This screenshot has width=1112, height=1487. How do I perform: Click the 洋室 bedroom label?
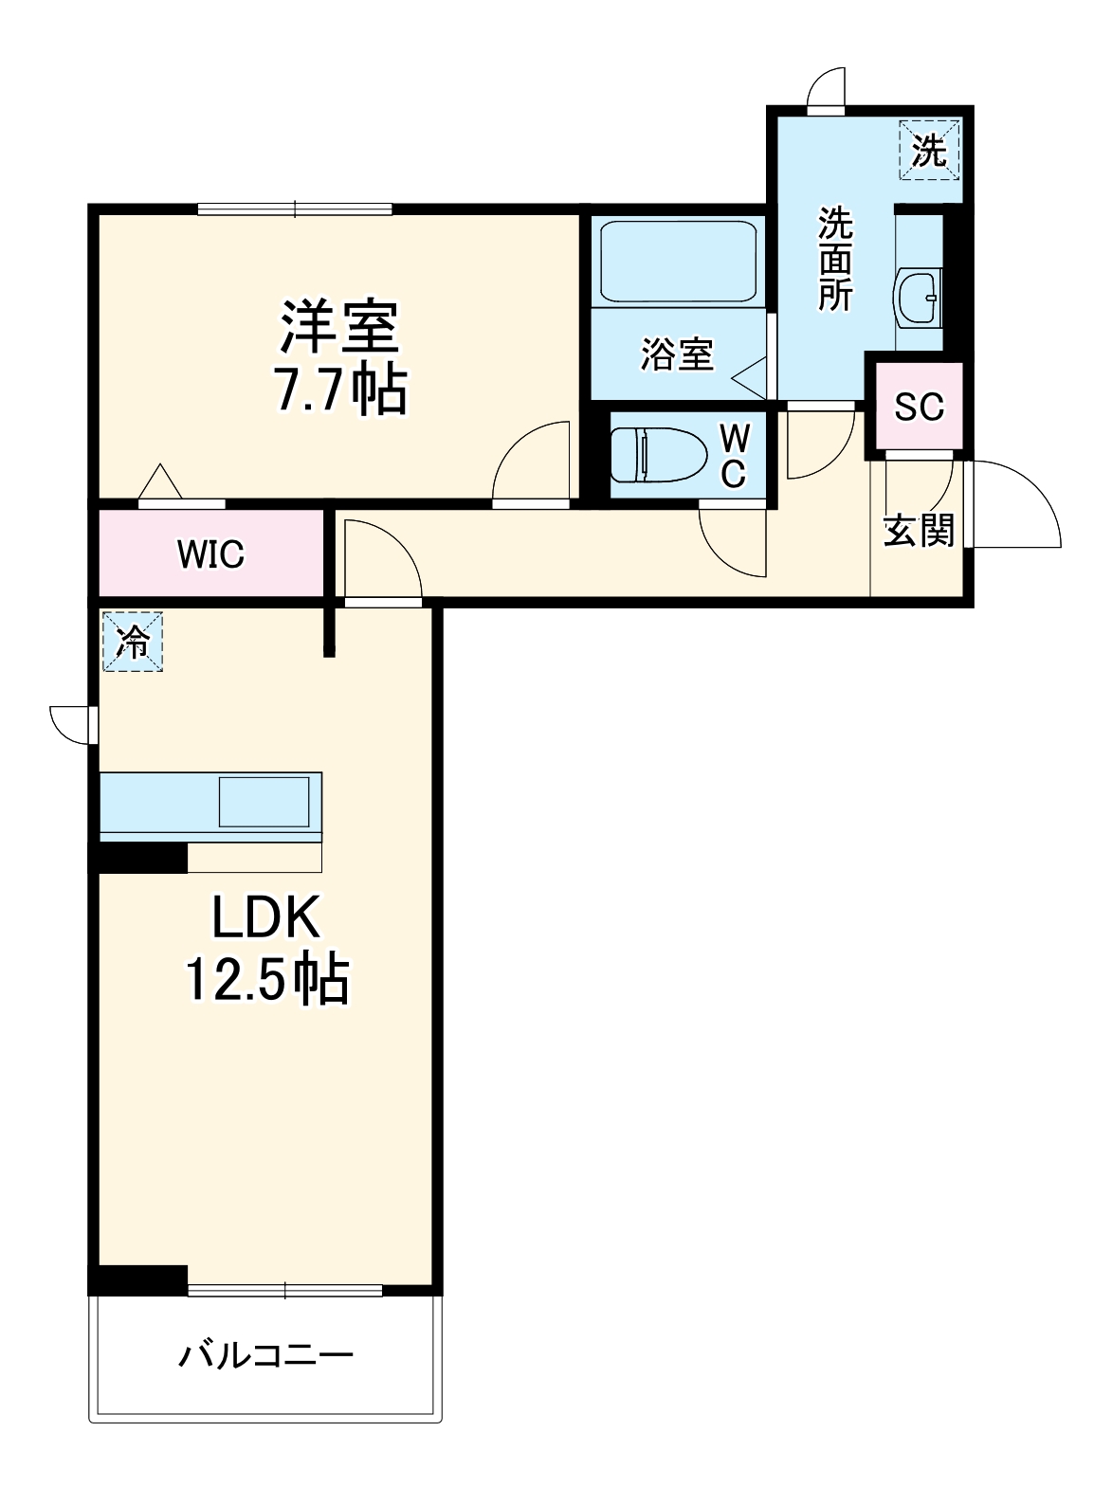coord(338,327)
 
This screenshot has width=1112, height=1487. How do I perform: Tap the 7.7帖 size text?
coord(340,390)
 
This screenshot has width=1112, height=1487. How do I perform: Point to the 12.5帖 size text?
coord(267,980)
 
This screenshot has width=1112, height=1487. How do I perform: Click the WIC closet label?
coord(210,554)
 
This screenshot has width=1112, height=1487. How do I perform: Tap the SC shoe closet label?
coord(919,407)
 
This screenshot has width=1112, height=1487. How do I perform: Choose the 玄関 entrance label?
coord(918,531)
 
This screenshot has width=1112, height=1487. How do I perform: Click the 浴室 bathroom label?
coord(677,355)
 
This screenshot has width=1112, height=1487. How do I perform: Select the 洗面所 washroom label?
coord(835,259)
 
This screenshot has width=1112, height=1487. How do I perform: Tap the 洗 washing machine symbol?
coord(929,149)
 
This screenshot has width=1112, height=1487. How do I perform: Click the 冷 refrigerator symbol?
coord(133,643)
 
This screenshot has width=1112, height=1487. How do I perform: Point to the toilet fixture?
coord(658,455)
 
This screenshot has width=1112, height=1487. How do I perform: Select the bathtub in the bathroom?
coord(679,261)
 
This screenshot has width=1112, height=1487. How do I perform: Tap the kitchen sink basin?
coord(264,802)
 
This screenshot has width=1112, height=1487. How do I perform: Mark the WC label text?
coord(735,456)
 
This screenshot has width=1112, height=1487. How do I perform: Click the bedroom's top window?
coord(295,209)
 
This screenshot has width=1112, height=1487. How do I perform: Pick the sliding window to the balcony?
coord(285,1290)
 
